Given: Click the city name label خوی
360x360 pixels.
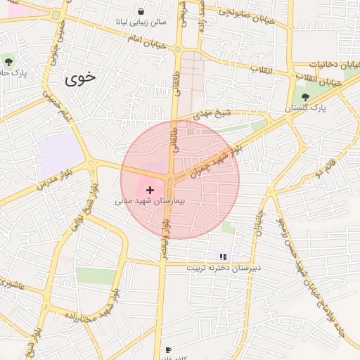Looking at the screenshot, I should tap(79, 78).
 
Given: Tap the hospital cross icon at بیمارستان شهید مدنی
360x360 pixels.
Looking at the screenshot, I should tap(150, 190).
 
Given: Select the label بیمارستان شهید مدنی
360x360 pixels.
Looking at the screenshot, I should tap(149, 201).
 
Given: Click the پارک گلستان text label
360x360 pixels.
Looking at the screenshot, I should tap(306, 109).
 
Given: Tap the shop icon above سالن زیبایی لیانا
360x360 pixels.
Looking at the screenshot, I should tap(141, 11).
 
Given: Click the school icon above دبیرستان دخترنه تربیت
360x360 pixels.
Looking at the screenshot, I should tap(223, 257).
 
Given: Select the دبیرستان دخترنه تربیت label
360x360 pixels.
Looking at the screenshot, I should tap(223, 268).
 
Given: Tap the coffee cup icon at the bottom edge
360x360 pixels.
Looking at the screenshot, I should tap(167, 350).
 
